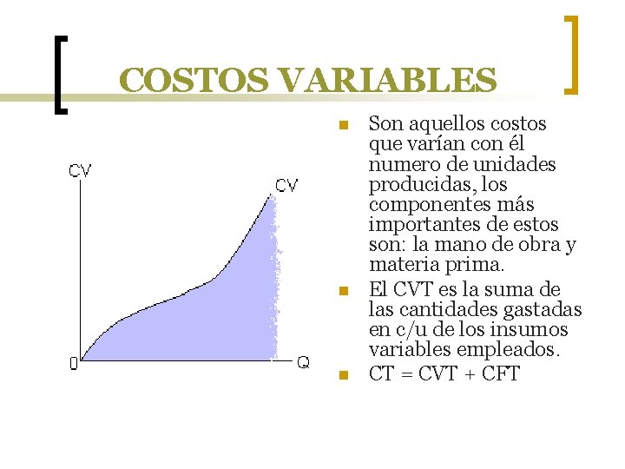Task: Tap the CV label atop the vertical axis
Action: coord(80,170)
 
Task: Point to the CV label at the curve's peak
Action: coord(287,185)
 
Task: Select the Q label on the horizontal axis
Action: coord(303,362)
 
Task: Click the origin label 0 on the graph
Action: coord(74,365)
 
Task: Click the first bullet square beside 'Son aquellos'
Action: coord(344,125)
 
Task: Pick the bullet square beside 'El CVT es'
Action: coord(344,291)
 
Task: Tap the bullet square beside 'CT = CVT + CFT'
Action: coord(344,375)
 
